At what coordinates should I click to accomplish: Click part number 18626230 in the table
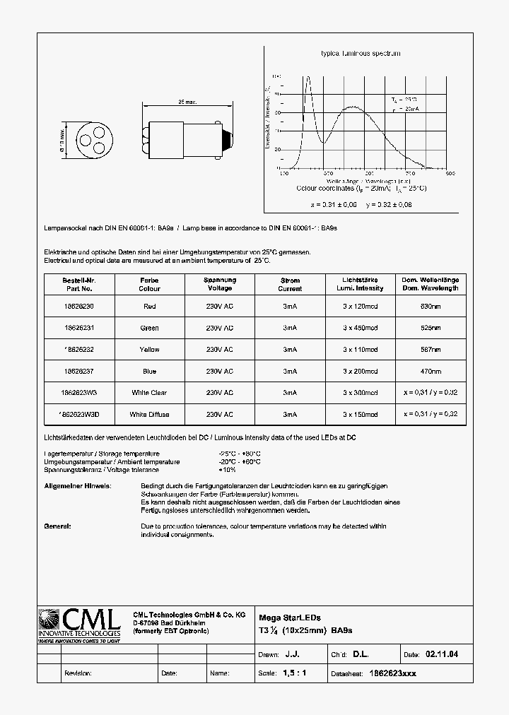(x=78, y=307)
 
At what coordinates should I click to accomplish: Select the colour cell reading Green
(x=149, y=328)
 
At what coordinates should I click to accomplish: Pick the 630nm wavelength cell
(x=430, y=307)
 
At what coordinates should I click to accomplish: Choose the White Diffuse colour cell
(x=149, y=414)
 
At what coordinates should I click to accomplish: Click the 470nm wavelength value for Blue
(x=430, y=371)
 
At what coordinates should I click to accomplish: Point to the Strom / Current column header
(x=290, y=284)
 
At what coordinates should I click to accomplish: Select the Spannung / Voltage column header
(x=219, y=284)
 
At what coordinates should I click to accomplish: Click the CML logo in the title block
(x=79, y=625)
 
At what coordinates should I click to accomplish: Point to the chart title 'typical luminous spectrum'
(x=361, y=54)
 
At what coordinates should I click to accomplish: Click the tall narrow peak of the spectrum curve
(x=308, y=79)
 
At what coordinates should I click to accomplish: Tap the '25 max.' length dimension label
(x=186, y=102)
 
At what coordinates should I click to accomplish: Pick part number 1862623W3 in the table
(x=78, y=393)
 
